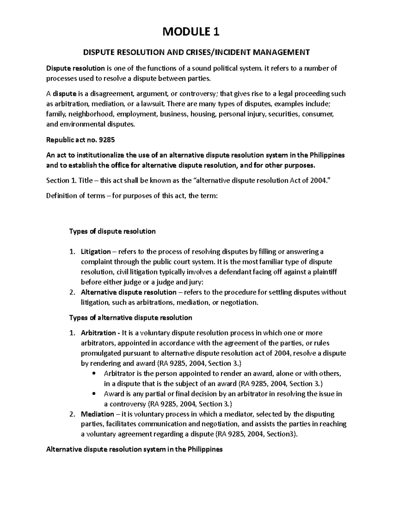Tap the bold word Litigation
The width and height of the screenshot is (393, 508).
(x=96, y=252)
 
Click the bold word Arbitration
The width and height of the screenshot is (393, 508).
(x=98, y=333)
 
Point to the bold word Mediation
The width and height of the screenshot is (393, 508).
(x=97, y=414)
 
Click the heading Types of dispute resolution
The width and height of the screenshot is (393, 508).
(x=112, y=231)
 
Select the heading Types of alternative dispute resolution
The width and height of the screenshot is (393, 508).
(x=130, y=318)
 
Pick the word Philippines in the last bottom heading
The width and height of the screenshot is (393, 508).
(x=205, y=449)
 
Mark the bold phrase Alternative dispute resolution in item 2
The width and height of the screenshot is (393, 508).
(x=128, y=292)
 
